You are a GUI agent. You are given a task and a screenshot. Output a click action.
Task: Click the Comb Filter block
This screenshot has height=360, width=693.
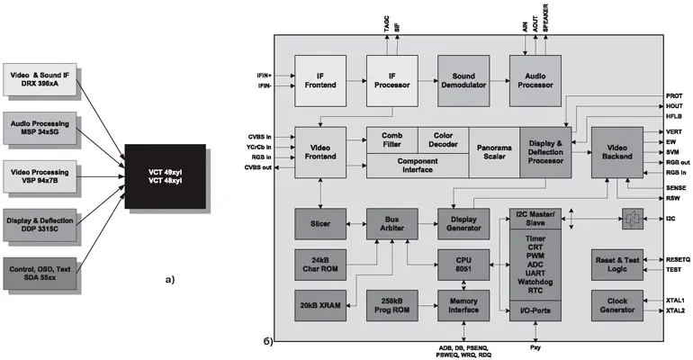391,139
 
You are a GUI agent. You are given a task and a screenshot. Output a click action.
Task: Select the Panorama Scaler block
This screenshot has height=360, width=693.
493,151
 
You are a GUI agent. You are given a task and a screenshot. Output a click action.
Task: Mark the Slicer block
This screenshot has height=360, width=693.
321,223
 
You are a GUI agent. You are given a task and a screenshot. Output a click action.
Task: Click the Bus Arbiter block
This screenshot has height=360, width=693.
391,223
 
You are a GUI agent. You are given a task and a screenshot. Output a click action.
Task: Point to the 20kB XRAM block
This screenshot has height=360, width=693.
321,304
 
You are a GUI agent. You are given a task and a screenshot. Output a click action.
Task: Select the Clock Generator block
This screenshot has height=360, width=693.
616,304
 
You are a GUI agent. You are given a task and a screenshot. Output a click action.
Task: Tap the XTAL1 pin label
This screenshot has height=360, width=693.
676,300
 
